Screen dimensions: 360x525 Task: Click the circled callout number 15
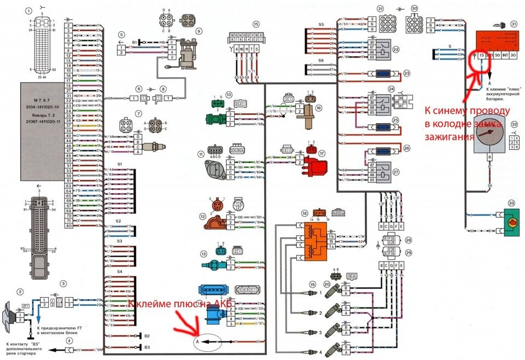click(255, 24)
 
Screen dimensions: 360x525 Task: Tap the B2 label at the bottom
click(147, 336)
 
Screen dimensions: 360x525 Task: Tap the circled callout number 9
click(199, 31)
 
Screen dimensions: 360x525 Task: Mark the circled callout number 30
click(415, 9)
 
